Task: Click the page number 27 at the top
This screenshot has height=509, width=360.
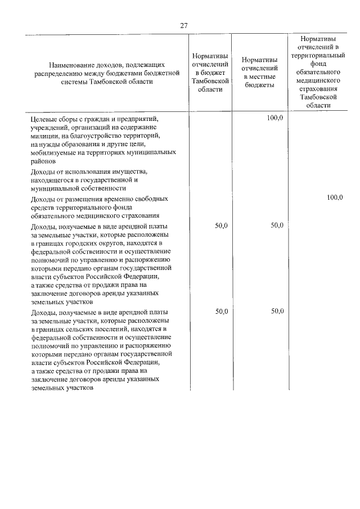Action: (x=183, y=25)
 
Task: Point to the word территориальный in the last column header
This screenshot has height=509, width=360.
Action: (x=318, y=56)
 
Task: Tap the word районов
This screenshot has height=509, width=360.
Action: (x=43, y=161)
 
